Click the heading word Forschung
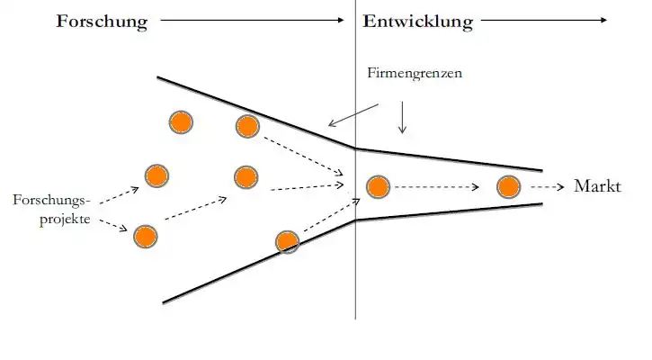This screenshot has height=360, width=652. tap(102, 22)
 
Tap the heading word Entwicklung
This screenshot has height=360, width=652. tap(417, 22)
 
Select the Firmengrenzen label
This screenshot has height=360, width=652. tap(415, 73)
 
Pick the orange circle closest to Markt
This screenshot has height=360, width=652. tap(508, 187)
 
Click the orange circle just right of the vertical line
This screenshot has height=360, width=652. tap(378, 187)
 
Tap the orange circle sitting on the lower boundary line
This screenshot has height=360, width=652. tap(287, 241)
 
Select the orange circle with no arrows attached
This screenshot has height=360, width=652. tap(181, 121)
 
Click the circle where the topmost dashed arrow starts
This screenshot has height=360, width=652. tap(246, 126)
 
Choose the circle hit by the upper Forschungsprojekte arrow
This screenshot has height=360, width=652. tap(156, 175)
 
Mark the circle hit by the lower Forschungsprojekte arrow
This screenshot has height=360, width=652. tap(145, 237)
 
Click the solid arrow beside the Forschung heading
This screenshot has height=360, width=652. tap(252, 19)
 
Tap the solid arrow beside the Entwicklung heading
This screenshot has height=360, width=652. tap(544, 19)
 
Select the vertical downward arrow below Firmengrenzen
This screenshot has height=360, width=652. tap(402, 116)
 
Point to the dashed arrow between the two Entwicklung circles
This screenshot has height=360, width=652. tap(437, 187)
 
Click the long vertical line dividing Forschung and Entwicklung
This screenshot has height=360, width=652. tap(355, 270)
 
